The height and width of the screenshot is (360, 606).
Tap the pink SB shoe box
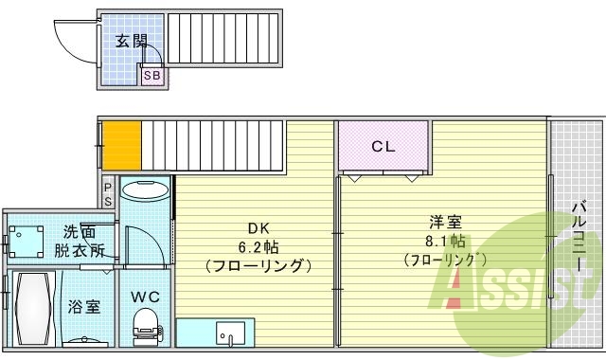(x=151, y=75)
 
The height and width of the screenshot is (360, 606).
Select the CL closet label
(x=383, y=147)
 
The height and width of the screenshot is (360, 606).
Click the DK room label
(x=258, y=228)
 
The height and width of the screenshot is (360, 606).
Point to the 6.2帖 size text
(x=258, y=247)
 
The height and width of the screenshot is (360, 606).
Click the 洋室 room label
(x=445, y=224)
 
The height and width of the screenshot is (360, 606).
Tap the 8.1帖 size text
(x=445, y=242)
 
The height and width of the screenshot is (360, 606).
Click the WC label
(x=145, y=297)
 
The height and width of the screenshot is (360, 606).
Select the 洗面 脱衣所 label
(x=80, y=242)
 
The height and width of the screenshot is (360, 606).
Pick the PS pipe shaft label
(x=108, y=194)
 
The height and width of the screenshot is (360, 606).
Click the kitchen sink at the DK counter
(x=228, y=334)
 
